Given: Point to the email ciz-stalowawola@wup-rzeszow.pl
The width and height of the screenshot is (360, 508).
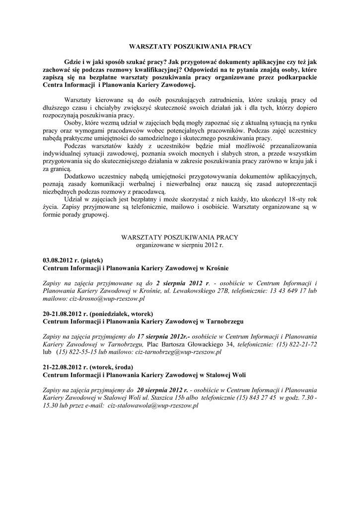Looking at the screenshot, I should pos(153,405).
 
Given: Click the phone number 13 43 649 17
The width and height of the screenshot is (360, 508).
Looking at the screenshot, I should pos(288,291).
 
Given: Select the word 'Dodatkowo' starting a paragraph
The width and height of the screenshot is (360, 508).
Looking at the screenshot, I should pos(82,176).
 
